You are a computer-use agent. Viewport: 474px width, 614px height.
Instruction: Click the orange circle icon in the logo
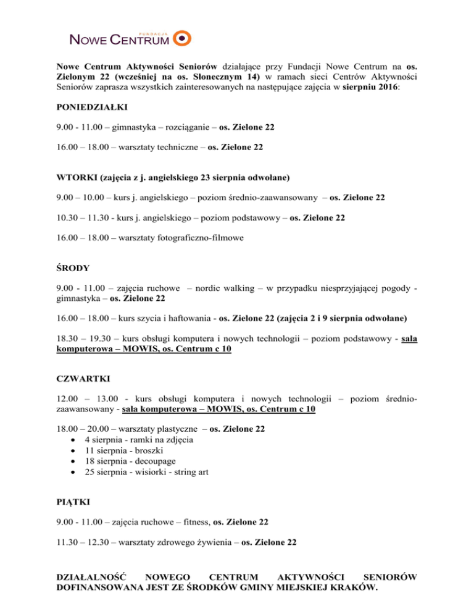click(x=183, y=39)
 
